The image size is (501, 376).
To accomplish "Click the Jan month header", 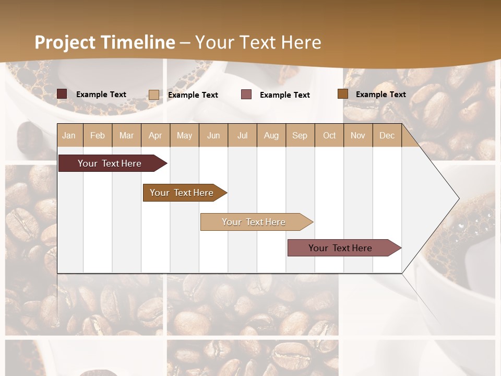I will point(69,135).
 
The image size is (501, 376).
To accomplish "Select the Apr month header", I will point(155,135).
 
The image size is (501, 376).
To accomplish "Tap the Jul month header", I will point(242,135).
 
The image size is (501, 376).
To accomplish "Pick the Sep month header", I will point(300,135).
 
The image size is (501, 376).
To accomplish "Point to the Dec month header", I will point(387,135).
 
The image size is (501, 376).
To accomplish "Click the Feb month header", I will point(98,135).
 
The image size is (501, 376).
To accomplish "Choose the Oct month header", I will point(329,135).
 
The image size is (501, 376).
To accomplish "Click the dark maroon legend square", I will point(62,94).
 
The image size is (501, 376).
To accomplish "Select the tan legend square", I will point(154,95).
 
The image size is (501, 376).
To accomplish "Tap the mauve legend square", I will point(246,95).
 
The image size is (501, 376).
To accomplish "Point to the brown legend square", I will point(343,94).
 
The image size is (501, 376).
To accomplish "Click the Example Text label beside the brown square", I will point(380,95).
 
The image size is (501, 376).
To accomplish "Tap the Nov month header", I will point(358,135).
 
